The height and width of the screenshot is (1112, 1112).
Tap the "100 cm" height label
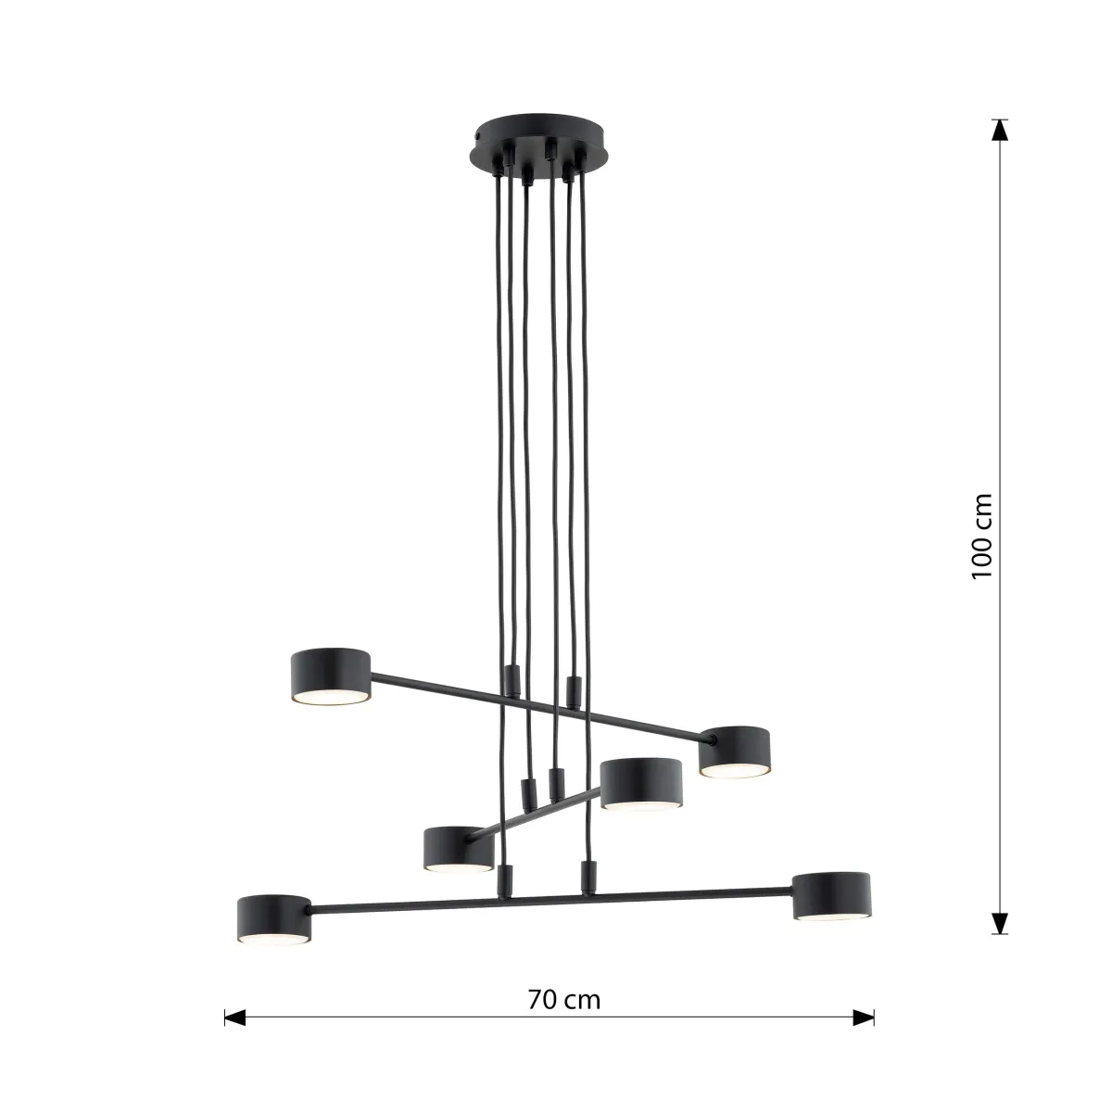981,536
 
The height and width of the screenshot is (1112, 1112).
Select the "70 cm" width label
563,1000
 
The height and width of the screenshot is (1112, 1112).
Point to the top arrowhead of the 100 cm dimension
999,130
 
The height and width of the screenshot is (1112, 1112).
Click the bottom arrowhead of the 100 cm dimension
999,924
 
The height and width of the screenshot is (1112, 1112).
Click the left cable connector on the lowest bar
505,879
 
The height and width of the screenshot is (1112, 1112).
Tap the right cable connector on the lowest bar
586,877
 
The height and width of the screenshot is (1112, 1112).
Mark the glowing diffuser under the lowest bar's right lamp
832,916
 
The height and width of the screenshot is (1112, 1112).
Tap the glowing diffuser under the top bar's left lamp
332,696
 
